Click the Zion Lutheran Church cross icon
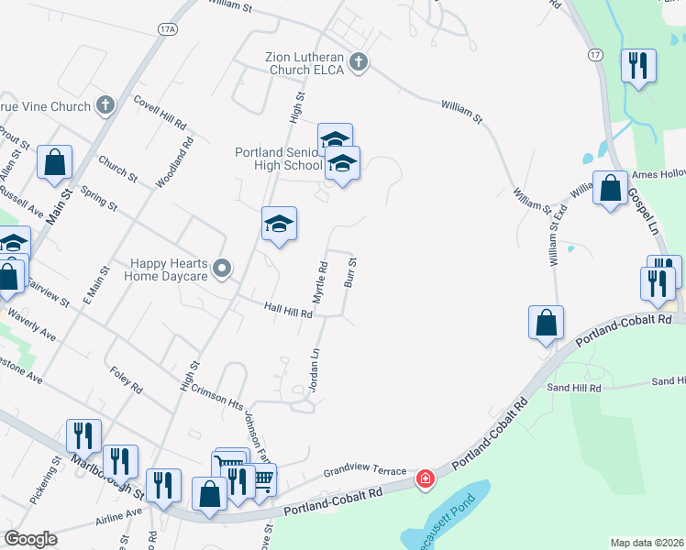pos(359,62)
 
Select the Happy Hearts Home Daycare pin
pos(222,269)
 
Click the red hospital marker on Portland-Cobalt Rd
pos(425,478)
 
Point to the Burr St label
pos(350,273)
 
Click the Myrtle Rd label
pos(320,283)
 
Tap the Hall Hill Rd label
pos(289,312)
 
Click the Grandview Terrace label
pos(364,473)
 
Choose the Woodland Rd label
pos(175,162)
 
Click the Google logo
pos(31,538)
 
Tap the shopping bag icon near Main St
pos(55,163)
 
